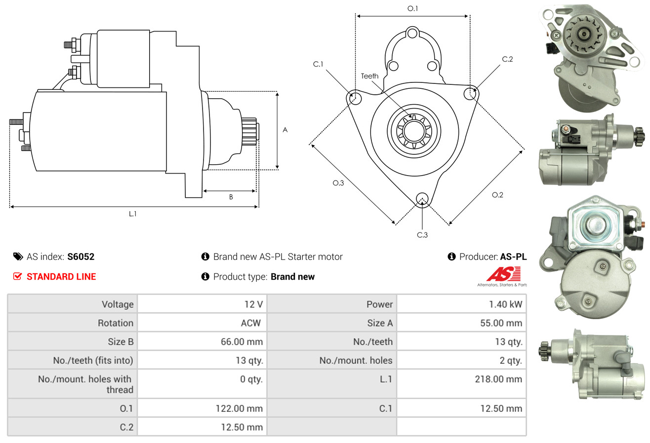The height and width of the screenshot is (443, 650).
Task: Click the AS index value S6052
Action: pos(81,257)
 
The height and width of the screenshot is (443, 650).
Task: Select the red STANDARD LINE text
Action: pos(61,277)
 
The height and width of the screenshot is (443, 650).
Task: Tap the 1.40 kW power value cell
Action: pos(505,304)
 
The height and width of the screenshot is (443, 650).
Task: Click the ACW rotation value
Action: pos(251,323)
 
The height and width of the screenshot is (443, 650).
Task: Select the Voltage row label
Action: pos(118,304)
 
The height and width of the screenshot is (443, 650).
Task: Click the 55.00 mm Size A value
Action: pos(501,323)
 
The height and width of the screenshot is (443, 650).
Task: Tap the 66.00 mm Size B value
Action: pos(242,341)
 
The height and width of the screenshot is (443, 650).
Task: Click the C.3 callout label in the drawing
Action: pos(422,235)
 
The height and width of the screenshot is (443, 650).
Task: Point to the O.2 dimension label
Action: pos(497,195)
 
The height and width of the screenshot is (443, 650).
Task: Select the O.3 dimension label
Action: pos(338,183)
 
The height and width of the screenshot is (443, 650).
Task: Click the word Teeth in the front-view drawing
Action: pos(369,76)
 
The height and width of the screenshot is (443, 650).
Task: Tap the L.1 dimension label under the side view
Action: pos(132,214)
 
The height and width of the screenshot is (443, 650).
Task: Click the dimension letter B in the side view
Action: pos(231,197)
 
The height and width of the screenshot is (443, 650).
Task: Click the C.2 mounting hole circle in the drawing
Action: pos(471,93)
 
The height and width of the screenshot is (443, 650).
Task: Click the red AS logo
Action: pos(503,274)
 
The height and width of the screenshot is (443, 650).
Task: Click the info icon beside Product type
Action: pos(205,277)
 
